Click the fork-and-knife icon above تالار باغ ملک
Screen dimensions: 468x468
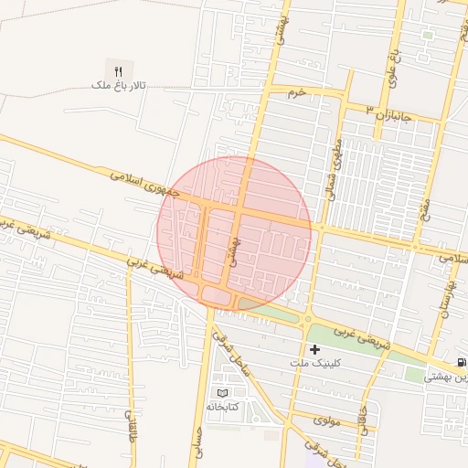coord(118,70)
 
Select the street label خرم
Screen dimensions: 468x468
coord(294,93)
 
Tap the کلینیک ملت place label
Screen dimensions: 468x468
coord(314,364)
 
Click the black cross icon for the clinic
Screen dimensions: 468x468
coord(314,349)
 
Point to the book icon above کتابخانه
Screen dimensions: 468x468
coord(222,393)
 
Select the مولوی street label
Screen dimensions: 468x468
coord(326,421)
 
